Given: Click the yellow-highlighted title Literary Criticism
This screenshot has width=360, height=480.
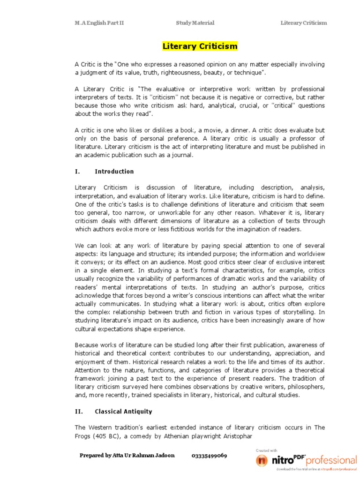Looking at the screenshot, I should coord(200,46).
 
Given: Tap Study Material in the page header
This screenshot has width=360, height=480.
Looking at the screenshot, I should coord(195,23).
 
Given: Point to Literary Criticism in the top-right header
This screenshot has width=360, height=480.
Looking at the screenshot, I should coord(304,23).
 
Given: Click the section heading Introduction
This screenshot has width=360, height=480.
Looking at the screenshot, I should coord(114,172).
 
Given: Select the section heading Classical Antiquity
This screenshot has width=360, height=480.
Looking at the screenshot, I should coord(123,412).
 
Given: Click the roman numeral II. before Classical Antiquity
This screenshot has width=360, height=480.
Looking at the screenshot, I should coord(79,412).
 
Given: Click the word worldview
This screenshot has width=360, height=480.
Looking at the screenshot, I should coord(310,255).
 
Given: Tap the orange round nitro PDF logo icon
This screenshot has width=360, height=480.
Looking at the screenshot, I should coord(262,460).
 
